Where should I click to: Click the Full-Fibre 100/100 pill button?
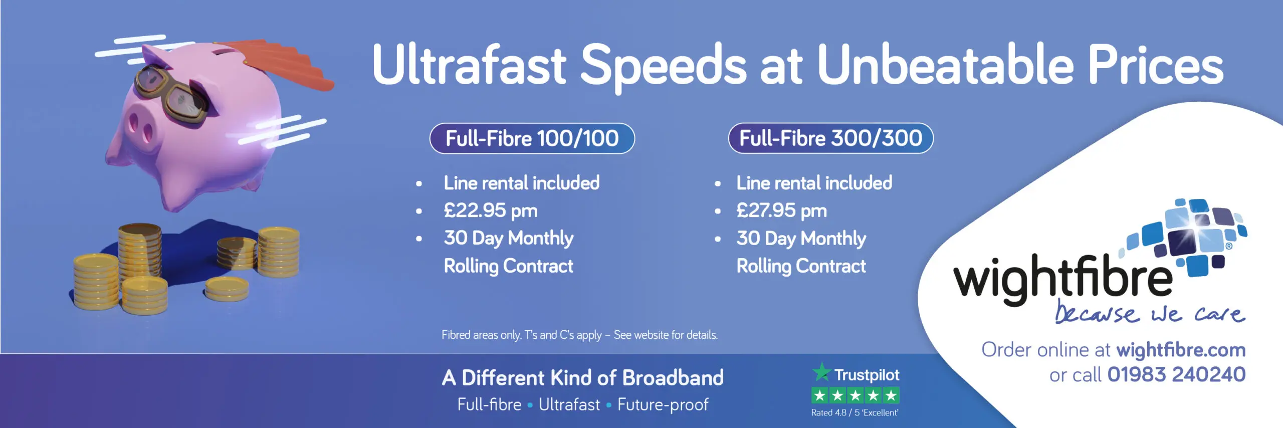(532, 138)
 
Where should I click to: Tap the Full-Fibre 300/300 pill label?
(830, 138)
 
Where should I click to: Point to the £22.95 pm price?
(491, 210)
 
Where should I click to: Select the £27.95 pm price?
(781, 210)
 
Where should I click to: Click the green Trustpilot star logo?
(821, 372)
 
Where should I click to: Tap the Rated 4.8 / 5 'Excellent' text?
(855, 413)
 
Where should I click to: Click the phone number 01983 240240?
(1176, 374)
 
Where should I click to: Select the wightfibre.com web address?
(1181, 350)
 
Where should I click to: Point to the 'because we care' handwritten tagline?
(1150, 313)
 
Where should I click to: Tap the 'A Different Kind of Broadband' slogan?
(583, 378)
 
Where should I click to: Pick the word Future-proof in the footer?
(663, 404)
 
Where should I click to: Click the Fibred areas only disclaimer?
(580, 335)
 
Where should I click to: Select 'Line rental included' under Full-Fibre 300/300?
(814, 183)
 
